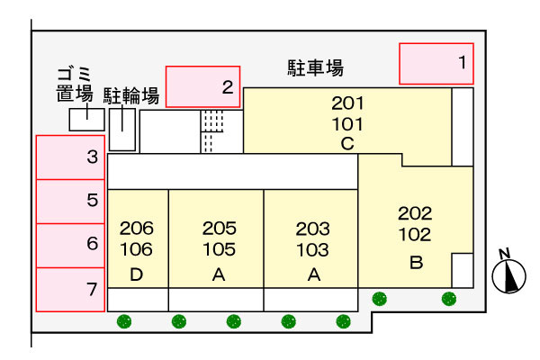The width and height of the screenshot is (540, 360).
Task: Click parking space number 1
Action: [436, 64]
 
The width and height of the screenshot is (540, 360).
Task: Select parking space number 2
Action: [202, 86]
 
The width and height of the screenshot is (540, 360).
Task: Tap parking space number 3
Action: [70, 157]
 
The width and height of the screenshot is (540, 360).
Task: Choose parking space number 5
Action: [70, 202]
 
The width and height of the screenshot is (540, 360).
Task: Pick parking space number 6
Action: [70, 246]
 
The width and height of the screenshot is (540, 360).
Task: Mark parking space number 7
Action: [70, 290]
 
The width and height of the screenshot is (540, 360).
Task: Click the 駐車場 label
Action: [316, 67]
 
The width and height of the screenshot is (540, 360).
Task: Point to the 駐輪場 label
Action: [131, 95]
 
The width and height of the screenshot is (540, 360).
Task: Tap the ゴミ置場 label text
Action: [75, 84]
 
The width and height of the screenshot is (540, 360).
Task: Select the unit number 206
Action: [137, 228]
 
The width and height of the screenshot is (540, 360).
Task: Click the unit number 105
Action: [220, 249]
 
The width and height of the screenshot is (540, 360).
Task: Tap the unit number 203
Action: [312, 229]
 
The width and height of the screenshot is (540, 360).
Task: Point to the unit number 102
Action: [415, 235]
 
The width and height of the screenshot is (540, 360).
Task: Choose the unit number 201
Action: [347, 103]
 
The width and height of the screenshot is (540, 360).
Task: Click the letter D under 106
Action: [137, 274]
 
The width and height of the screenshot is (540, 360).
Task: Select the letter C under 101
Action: [347, 144]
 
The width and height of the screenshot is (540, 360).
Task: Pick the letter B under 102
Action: [417, 263]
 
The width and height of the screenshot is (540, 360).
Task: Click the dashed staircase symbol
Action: [211, 131]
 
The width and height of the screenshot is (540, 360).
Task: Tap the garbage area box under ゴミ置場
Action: [86, 120]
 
